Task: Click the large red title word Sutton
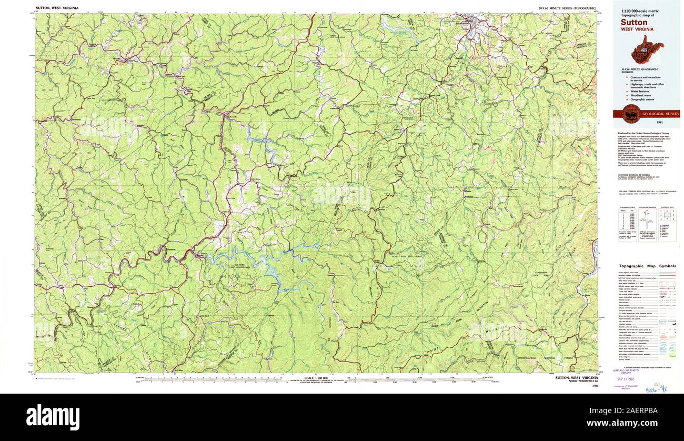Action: (633, 23)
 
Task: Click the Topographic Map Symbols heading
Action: (647, 266)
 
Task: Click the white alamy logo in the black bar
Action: (53, 417)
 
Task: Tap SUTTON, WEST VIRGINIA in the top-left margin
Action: (57, 8)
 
